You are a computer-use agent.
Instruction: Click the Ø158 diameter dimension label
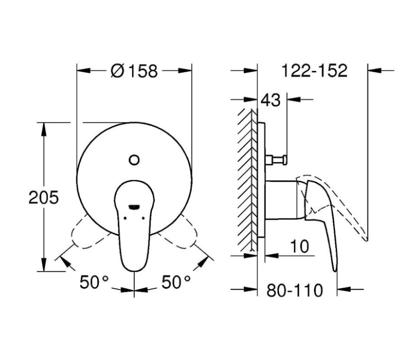[134, 71]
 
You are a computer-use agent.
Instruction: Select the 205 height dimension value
[43, 197]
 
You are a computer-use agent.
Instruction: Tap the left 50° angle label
[94, 282]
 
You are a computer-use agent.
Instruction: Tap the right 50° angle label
[176, 282]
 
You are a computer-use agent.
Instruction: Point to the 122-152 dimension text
[314, 71]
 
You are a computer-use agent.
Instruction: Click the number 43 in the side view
[270, 100]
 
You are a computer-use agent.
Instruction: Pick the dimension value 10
[299, 246]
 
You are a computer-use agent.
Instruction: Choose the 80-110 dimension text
[294, 290]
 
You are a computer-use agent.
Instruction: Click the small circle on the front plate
[134, 160]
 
